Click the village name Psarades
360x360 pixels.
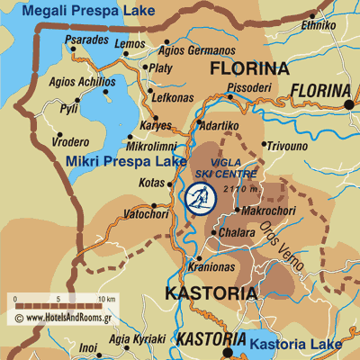pos(87,40)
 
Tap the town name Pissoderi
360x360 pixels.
pos(248,87)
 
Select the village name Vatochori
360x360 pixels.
pos(147,215)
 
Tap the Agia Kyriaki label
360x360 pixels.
pos(137,339)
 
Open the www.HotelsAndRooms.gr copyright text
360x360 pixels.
pos(67,318)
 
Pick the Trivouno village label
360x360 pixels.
pos(289,143)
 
